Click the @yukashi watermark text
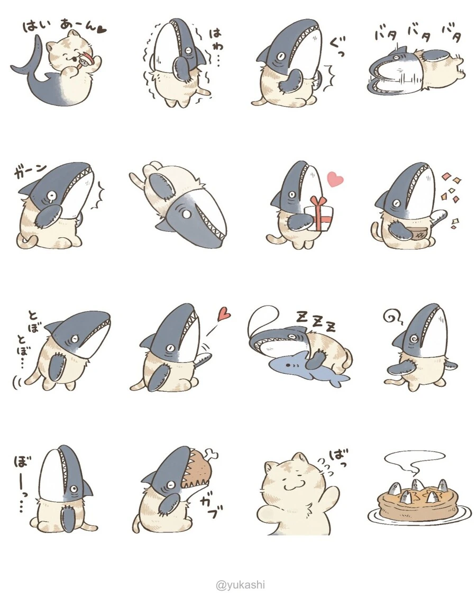point(240,585)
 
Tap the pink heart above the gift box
point(335,179)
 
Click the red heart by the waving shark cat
point(224,313)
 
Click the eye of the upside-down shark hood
point(187,214)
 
